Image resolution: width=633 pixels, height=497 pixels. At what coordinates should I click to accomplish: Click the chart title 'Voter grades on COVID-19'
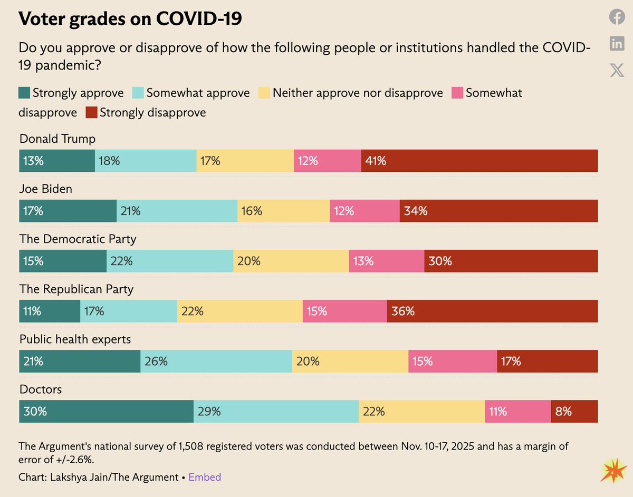coord(130,19)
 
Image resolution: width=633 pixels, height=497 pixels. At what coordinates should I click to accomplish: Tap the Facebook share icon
coord(617,17)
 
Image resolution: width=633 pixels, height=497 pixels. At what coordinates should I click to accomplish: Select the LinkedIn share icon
coord(617,44)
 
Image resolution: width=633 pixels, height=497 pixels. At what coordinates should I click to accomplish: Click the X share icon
coord(617,70)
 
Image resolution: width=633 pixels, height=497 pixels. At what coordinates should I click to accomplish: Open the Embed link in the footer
coord(205,477)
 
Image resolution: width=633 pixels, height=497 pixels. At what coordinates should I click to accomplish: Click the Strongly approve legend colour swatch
coord(24,93)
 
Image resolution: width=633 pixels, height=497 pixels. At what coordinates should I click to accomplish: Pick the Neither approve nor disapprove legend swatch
coord(264,93)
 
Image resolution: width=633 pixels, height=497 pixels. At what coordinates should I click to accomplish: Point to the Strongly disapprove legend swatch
coord(91,112)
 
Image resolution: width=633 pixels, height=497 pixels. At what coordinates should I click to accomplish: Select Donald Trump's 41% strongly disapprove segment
coord(479,161)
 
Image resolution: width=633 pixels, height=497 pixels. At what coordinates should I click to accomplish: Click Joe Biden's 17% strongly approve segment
coord(68,211)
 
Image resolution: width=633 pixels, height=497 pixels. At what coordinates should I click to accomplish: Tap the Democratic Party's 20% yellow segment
coord(291,261)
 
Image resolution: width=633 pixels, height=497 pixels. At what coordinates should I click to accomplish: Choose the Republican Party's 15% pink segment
coord(344,311)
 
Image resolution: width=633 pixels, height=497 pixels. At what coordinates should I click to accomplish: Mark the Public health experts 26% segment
coord(216,361)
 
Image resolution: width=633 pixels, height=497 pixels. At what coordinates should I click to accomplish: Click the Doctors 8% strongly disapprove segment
coord(574,411)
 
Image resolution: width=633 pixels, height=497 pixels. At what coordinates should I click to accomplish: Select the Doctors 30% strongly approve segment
coord(106,411)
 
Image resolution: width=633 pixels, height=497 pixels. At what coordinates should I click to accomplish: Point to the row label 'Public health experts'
coord(75,339)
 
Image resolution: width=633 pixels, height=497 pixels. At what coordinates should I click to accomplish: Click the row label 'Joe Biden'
coord(45,189)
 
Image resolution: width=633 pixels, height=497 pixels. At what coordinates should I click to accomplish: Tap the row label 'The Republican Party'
coord(76,289)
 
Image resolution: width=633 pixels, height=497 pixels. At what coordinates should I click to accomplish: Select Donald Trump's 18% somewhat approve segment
coord(146,161)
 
